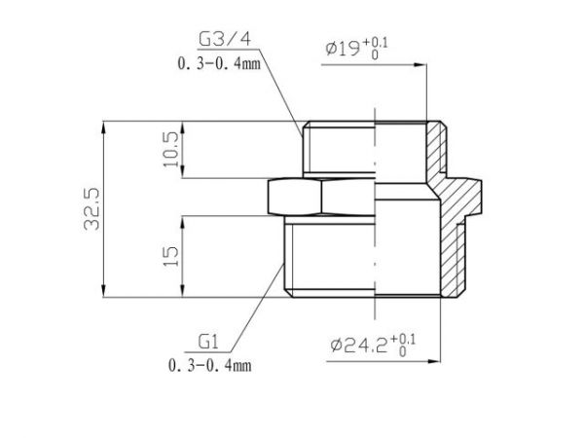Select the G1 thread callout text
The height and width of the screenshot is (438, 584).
click(207, 343)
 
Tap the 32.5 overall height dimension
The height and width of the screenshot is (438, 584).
click(93, 209)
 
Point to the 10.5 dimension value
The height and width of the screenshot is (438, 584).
click(171, 150)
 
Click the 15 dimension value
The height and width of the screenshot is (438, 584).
click(171, 257)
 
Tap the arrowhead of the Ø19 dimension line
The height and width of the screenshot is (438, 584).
click(421, 66)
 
